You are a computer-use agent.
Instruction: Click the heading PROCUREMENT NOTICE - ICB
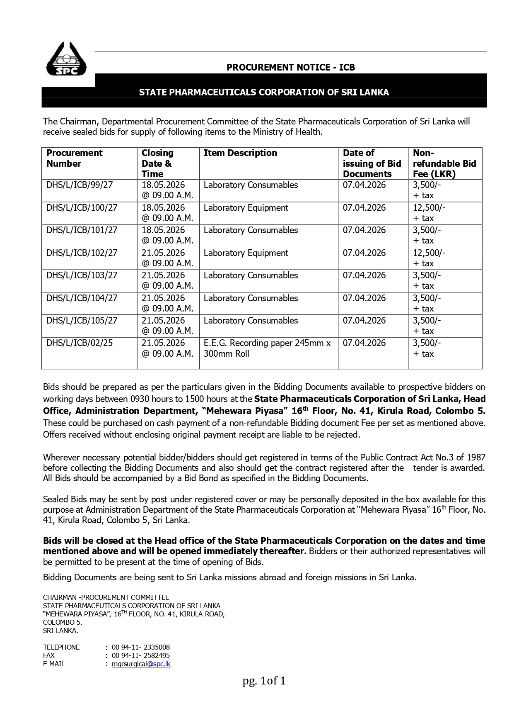tap(290, 67)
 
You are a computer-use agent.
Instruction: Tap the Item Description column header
tap(240, 153)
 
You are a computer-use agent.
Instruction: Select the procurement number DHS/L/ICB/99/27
tap(80, 185)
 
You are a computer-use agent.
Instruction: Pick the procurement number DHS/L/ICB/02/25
tap(80, 343)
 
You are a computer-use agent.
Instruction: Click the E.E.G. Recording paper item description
tap(267, 348)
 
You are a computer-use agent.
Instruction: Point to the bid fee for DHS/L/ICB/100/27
tap(429, 212)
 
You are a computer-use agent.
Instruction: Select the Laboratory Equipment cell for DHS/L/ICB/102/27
tap(246, 253)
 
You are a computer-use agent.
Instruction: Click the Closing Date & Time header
tap(157, 163)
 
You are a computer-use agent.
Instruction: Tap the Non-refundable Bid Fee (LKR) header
tap(444, 163)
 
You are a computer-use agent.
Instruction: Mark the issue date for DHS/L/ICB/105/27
tap(364, 321)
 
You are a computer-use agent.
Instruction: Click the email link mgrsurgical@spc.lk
tap(141, 664)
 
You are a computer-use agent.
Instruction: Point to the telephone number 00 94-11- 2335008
tap(140, 647)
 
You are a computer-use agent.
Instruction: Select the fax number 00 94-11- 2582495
tap(140, 655)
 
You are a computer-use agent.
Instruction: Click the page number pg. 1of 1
tap(264, 681)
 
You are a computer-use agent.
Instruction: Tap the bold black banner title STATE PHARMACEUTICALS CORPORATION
tap(264, 92)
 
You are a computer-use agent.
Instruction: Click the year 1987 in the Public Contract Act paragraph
tap(476, 458)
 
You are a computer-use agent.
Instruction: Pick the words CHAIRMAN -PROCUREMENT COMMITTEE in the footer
tap(106, 597)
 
